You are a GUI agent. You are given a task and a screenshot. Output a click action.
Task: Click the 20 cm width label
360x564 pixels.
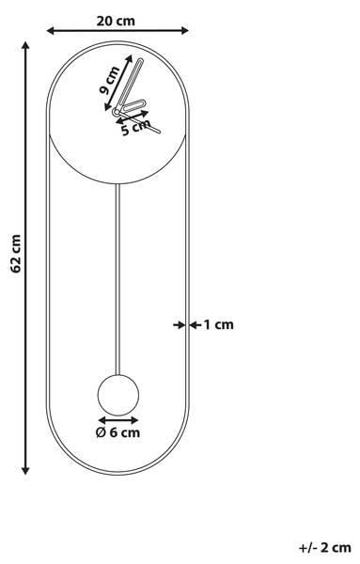116,21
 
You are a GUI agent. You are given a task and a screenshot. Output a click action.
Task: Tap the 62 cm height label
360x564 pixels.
16,253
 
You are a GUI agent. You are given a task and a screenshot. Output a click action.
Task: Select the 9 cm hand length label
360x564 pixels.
109,80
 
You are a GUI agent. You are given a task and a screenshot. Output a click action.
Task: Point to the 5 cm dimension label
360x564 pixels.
135,128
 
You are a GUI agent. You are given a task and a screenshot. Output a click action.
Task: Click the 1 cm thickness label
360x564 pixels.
219,325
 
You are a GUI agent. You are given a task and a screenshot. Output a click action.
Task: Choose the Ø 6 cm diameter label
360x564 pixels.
117,432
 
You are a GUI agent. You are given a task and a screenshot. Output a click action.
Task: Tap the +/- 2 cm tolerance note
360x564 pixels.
325,548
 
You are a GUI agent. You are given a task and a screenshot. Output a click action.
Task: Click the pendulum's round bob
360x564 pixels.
118,395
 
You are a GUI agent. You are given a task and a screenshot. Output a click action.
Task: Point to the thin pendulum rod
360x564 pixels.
117,279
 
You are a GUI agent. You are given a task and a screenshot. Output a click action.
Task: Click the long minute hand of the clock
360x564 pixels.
130,84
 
